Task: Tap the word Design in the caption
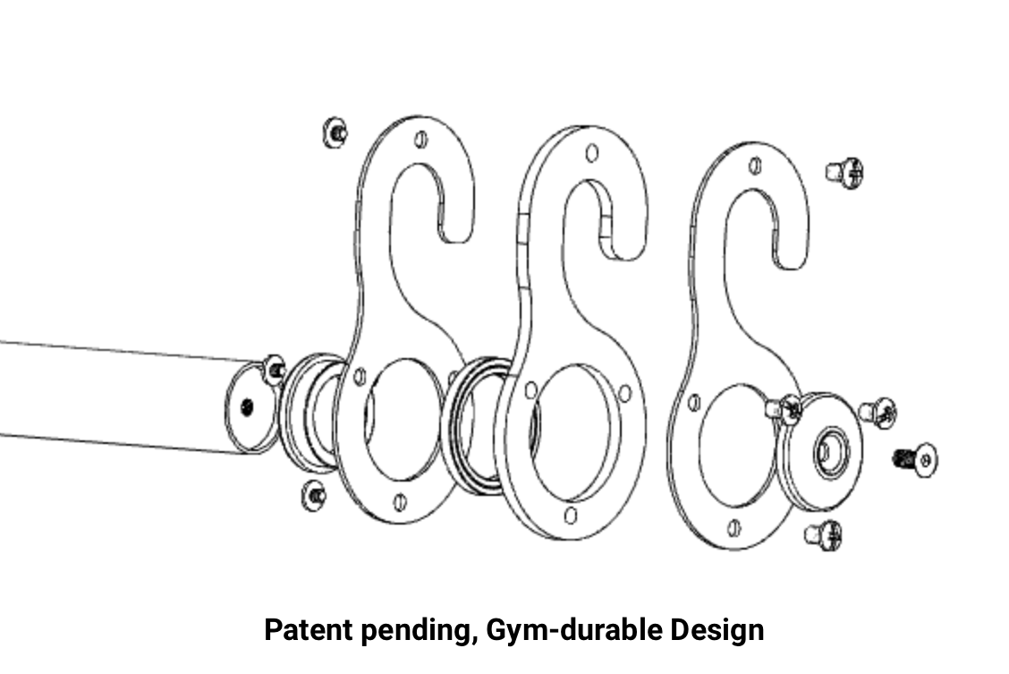pyautogui.click(x=716, y=629)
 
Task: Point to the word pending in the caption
pyautogui.click(x=412, y=629)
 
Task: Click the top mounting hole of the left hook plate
pyautogui.click(x=421, y=140)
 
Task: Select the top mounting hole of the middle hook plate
pyautogui.click(x=591, y=153)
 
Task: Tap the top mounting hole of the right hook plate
pyautogui.click(x=755, y=166)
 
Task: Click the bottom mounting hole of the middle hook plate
pyautogui.click(x=571, y=514)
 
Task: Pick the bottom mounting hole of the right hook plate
pyautogui.click(x=734, y=527)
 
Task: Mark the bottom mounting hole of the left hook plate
pyautogui.click(x=401, y=501)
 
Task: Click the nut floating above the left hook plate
pyautogui.click(x=335, y=132)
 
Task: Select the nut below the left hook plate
pyautogui.click(x=315, y=494)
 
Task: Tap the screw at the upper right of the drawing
pyautogui.click(x=844, y=172)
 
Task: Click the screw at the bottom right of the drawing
pyautogui.click(x=825, y=534)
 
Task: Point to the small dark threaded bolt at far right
pyautogui.click(x=915, y=461)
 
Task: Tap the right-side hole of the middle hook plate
pyautogui.click(x=624, y=393)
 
